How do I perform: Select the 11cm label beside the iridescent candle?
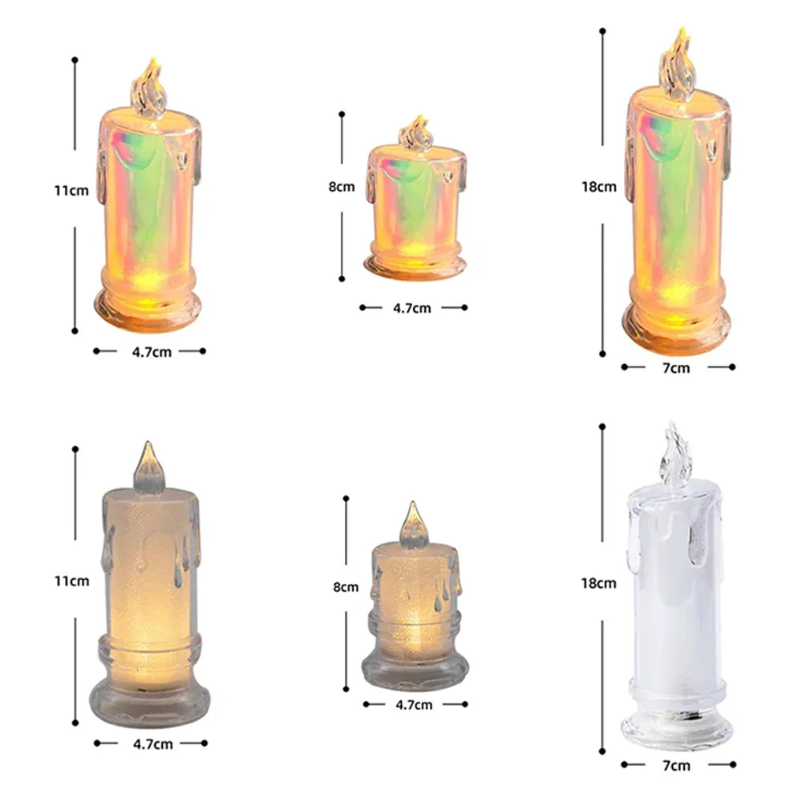coord(71,191)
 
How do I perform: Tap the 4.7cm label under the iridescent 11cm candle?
coord(152,352)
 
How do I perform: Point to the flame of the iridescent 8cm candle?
coord(415,132)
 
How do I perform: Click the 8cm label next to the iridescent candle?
coord(341,187)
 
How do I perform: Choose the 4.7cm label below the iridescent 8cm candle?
coord(411,308)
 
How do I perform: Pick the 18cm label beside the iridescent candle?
coord(599,187)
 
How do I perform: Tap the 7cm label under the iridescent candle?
coord(676,368)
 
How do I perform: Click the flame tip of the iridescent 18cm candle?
coord(682,29)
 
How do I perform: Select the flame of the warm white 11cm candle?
coord(149,468)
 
